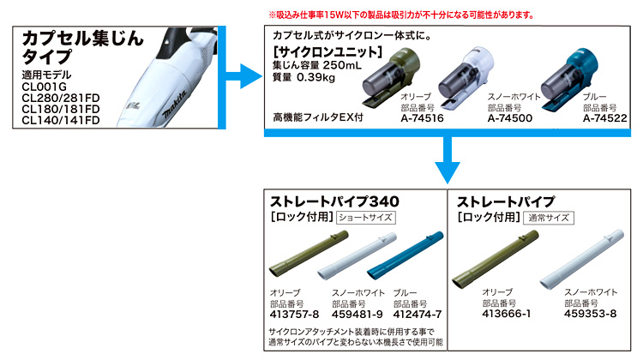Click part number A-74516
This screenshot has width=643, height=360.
[421, 118]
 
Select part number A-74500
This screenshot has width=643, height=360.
[512, 118]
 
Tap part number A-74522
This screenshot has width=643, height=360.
[604, 118]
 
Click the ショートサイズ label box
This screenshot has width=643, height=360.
[366, 218]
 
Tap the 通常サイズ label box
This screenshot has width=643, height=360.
[550, 218]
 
